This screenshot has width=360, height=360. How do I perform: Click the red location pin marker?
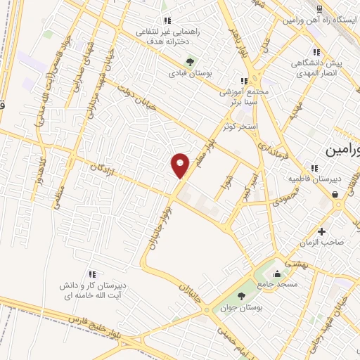pyautogui.click(x=180, y=165)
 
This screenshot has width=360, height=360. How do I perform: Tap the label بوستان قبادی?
pyautogui.click(x=191, y=72)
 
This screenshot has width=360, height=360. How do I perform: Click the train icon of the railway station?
pyautogui.click(x=319, y=8)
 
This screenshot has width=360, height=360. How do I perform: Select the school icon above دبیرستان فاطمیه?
pyautogui.click(x=314, y=168)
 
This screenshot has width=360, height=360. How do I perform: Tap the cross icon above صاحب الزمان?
pyautogui.click(x=321, y=231)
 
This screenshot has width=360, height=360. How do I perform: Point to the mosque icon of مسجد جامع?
pyautogui.click(x=278, y=274)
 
